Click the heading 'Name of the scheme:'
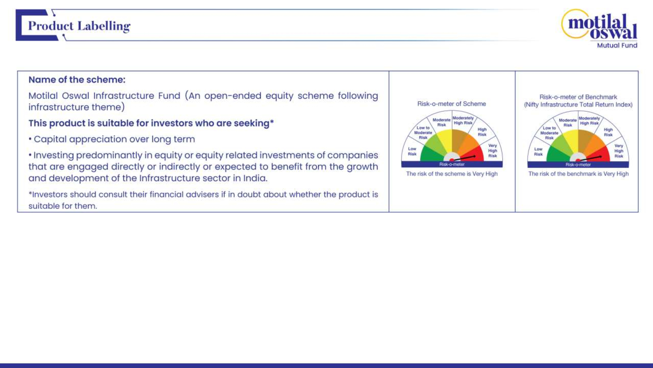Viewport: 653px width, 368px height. (x=77, y=80)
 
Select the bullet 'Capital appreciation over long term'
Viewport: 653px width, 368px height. (x=112, y=139)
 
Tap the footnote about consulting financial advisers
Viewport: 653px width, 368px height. (x=203, y=200)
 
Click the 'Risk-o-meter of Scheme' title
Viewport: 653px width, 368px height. (x=452, y=104)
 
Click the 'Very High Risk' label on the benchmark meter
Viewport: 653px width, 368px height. (x=619, y=151)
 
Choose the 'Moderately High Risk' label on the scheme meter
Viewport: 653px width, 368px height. (x=463, y=120)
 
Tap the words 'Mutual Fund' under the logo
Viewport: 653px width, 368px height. (x=617, y=45)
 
